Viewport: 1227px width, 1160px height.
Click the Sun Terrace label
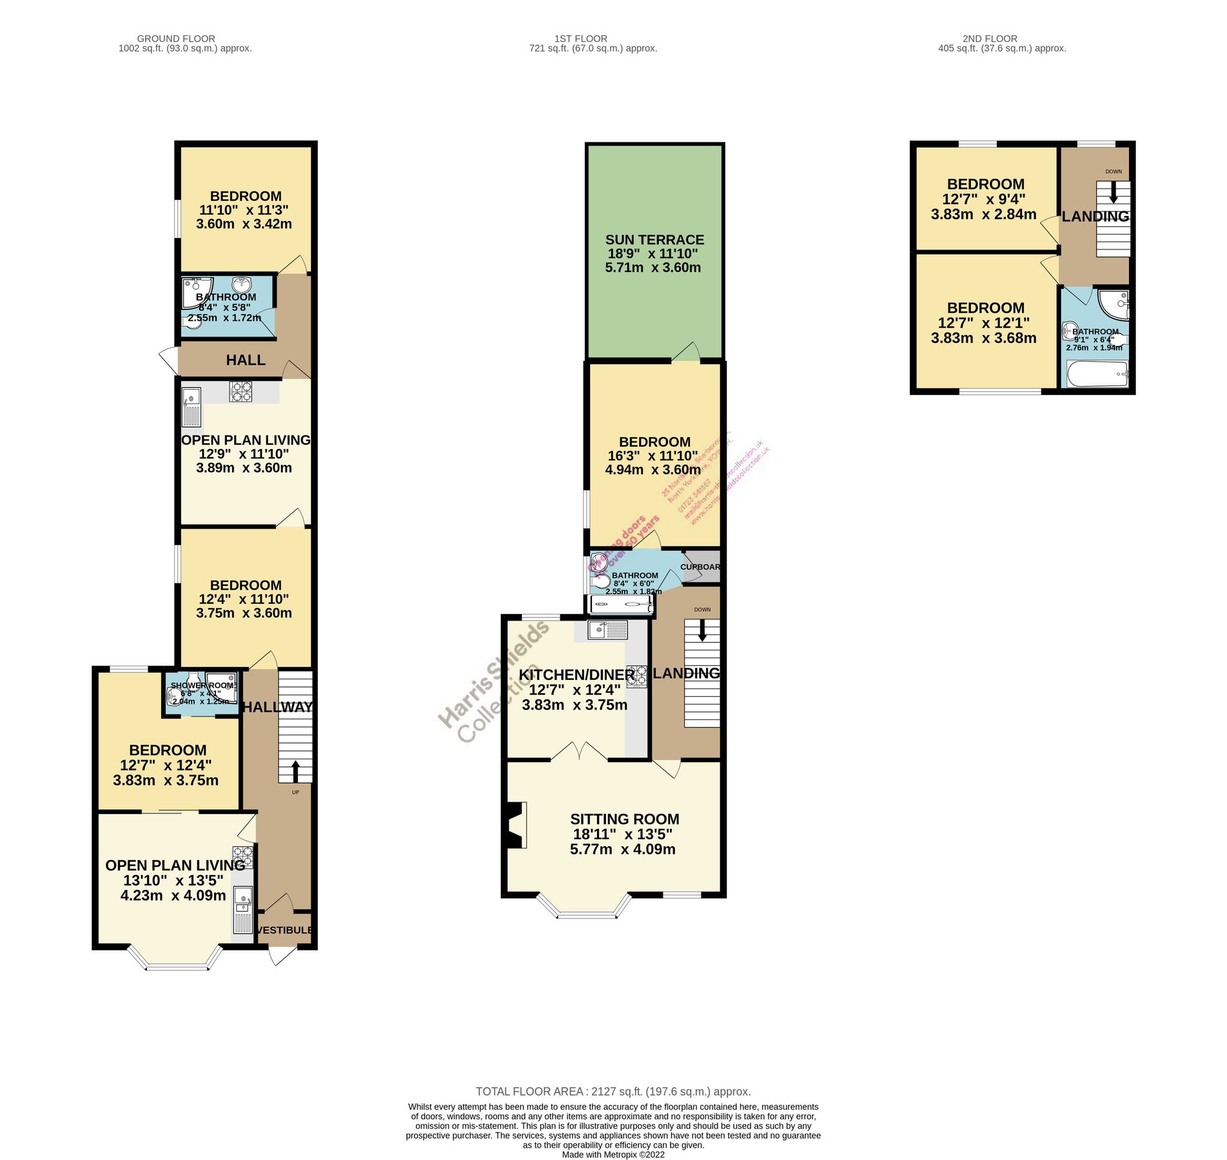pos(654,240)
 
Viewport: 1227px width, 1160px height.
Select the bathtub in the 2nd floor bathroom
pos(1096,374)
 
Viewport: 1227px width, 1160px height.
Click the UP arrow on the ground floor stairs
pos(295,771)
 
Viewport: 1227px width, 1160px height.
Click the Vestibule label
pos(284,930)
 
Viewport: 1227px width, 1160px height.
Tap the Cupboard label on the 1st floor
pos(700,567)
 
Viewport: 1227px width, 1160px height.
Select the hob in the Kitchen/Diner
pos(637,676)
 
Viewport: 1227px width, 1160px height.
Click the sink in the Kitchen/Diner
pos(607,630)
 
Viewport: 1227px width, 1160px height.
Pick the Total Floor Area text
pos(613,1092)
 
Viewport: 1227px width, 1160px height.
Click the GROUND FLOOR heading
pos(176,39)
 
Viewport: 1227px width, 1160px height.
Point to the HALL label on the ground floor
pos(246,360)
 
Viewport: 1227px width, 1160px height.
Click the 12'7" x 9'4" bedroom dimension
pos(983,200)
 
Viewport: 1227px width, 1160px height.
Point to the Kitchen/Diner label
pos(576,675)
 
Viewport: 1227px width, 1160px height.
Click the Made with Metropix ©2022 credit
pos(613,1155)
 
